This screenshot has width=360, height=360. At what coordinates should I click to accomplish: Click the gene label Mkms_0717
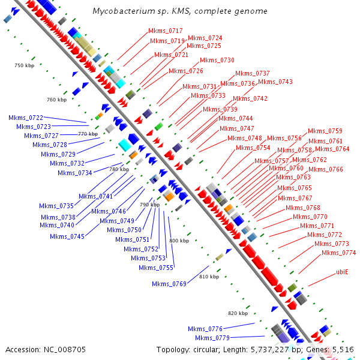click(166, 31)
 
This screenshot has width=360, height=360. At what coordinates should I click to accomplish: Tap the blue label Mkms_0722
click(26, 118)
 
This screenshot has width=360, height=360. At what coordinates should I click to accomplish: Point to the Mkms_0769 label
click(169, 284)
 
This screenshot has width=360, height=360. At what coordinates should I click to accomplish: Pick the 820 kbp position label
click(238, 313)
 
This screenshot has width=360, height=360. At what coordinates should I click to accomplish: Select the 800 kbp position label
click(179, 241)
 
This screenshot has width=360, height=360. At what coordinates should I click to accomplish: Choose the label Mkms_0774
click(338, 253)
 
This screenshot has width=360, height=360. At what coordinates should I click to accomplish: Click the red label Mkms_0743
click(275, 82)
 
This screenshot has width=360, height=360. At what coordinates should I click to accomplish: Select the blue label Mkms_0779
click(205, 338)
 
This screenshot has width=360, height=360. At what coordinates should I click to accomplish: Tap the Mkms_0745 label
click(67, 236)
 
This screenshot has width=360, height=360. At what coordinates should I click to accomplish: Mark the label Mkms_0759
click(325, 131)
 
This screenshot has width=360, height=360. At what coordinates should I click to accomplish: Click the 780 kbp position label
click(119, 169)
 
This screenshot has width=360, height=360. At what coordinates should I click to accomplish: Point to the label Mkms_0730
click(217, 60)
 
